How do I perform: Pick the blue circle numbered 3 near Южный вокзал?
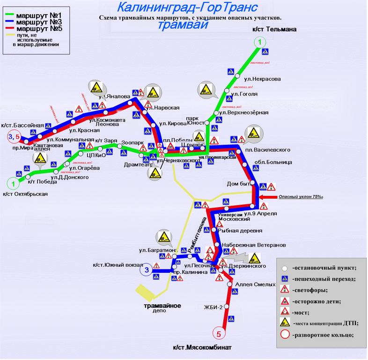pos(147,270)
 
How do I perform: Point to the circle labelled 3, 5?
pos(13,136)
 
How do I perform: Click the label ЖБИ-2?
pos(212,307)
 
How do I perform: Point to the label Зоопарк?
pos(131,142)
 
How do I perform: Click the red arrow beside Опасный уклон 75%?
pos(269,197)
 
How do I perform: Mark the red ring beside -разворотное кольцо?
pos(284,335)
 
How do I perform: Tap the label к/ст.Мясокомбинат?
pos(202,347)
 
